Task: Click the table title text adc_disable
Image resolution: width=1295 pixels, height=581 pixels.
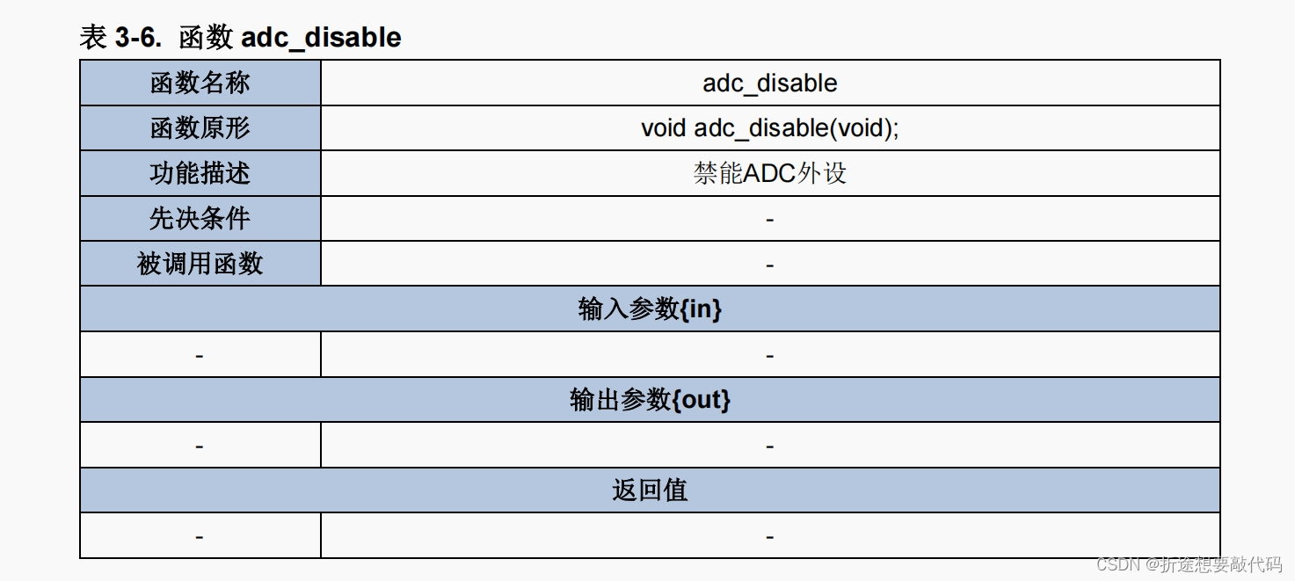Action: click(321, 38)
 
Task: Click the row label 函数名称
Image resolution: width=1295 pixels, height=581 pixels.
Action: click(200, 84)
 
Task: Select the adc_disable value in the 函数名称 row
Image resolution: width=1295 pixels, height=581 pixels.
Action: click(769, 84)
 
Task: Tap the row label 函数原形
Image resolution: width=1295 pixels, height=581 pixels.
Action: click(200, 128)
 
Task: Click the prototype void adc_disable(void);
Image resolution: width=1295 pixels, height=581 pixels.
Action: click(769, 128)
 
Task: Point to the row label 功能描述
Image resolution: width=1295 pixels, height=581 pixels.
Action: click(200, 173)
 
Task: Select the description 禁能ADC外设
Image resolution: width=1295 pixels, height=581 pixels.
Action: click(769, 173)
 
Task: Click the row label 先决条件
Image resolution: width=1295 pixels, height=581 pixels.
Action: click(200, 219)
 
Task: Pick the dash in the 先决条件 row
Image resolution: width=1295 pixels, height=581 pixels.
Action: click(769, 219)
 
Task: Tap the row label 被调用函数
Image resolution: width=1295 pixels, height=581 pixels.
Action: click(200, 264)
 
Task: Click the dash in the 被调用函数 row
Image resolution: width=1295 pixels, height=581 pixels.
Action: click(769, 265)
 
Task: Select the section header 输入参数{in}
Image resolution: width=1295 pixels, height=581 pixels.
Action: click(650, 309)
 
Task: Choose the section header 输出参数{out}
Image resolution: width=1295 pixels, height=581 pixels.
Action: click(650, 400)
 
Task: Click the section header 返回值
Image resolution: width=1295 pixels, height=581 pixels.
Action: click(650, 490)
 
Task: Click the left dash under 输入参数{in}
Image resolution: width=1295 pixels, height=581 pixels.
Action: click(200, 356)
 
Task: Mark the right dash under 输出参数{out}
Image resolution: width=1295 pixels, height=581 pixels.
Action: click(769, 447)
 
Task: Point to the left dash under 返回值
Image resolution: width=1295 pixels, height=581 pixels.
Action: click(200, 537)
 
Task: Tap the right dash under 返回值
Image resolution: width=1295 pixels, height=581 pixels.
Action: click(769, 537)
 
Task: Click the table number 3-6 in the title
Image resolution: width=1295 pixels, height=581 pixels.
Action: click(137, 38)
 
